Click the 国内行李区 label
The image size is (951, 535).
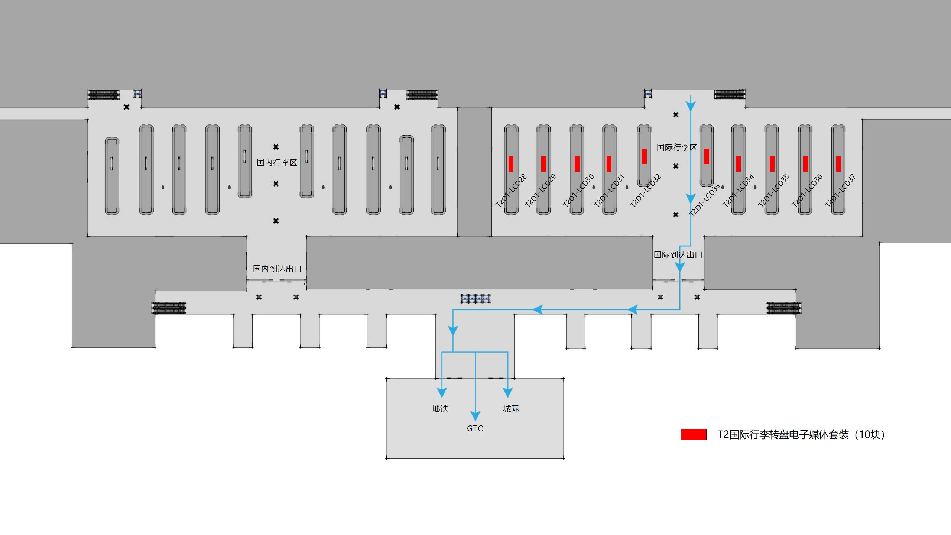(x=277, y=163)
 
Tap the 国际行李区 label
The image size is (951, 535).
(x=677, y=147)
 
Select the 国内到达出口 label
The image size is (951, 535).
(x=277, y=269)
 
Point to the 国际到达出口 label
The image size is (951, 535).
(x=678, y=255)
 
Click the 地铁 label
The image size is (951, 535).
(x=440, y=409)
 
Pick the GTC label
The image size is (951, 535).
(x=475, y=429)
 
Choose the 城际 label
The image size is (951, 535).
(x=511, y=409)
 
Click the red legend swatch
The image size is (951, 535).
(x=693, y=435)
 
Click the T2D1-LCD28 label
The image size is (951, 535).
(x=511, y=191)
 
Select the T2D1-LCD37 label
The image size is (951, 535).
(x=840, y=191)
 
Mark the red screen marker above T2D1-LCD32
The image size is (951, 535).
(x=644, y=156)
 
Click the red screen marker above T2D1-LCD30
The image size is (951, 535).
(x=577, y=164)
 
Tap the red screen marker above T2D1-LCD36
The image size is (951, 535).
(x=805, y=164)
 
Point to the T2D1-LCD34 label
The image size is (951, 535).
(x=738, y=191)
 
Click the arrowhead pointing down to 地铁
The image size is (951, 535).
(x=442, y=392)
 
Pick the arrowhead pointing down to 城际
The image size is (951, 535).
(x=508, y=392)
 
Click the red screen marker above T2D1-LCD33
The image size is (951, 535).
(x=707, y=156)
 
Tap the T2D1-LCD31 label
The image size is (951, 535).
(x=609, y=191)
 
